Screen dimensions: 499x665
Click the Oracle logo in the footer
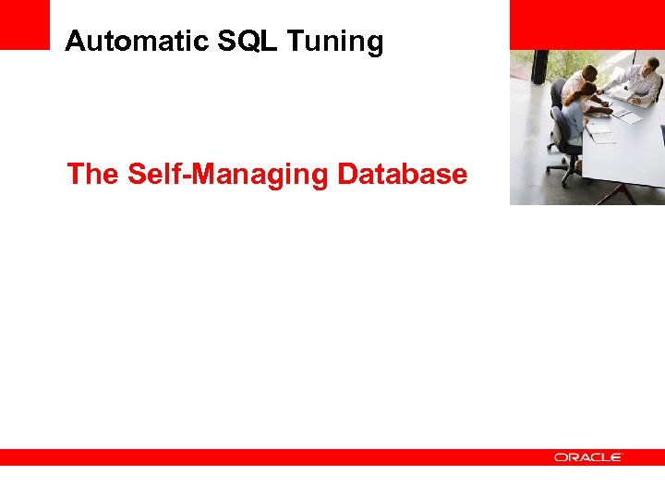588,457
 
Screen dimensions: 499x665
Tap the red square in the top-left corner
24,24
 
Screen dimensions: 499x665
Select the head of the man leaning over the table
589,73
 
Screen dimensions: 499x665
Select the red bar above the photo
586,24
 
